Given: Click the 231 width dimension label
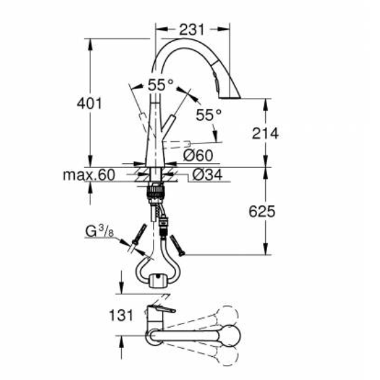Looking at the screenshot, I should click(x=192, y=30).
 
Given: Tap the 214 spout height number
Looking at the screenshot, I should click(x=264, y=133).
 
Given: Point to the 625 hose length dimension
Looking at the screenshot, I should click(x=261, y=211).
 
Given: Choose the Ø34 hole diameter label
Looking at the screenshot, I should click(x=205, y=175).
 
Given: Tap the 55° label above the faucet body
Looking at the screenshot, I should click(x=161, y=86).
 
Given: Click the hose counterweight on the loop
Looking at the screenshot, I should click(x=159, y=279).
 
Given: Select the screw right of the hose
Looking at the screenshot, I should click(x=178, y=241).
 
